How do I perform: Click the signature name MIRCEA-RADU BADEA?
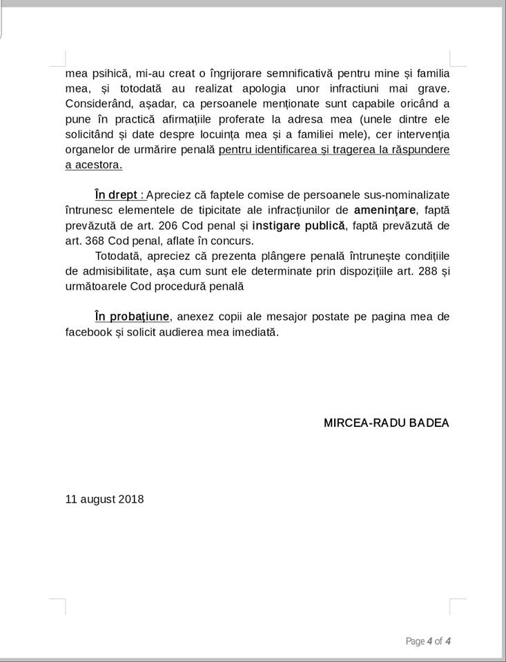click(x=386, y=423)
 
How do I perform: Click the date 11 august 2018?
click(x=105, y=499)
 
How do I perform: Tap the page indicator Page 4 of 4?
click(x=428, y=641)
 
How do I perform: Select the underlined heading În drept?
click(x=117, y=194)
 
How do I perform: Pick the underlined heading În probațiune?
click(x=132, y=317)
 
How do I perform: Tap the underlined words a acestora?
click(x=94, y=165)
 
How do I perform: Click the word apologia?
click(x=243, y=88)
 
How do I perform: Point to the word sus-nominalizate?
click(x=404, y=194)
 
